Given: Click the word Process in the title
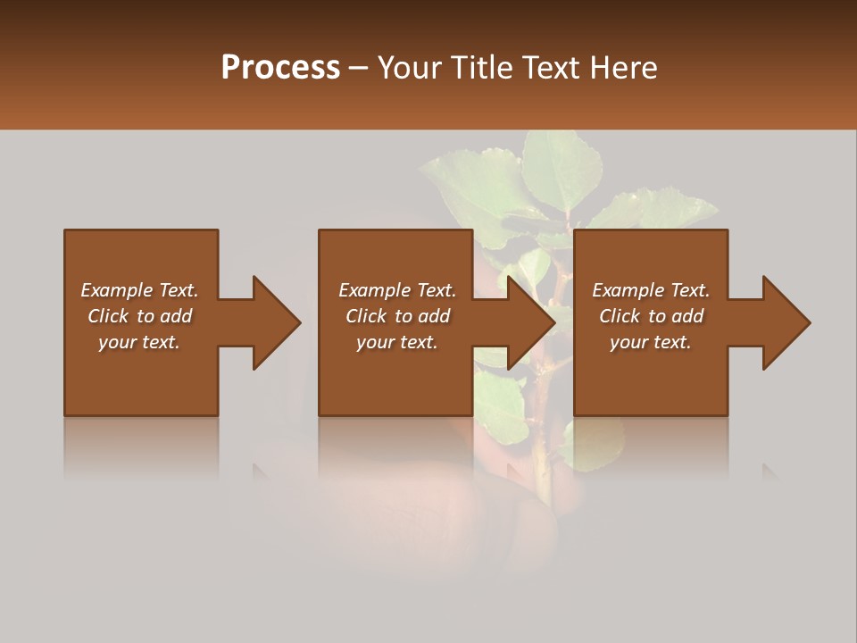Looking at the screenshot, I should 280,68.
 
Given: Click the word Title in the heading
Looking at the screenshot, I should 483,68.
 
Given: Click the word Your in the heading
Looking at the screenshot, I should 409,68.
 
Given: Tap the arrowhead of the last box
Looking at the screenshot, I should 786,322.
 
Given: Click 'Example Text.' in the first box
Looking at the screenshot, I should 139,290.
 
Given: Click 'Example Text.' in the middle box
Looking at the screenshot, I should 397,290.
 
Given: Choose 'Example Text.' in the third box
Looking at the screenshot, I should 651,290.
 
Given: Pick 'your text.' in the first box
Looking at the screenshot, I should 139,342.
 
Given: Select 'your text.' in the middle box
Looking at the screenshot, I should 397,342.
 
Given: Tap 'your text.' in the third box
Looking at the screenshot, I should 651,342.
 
